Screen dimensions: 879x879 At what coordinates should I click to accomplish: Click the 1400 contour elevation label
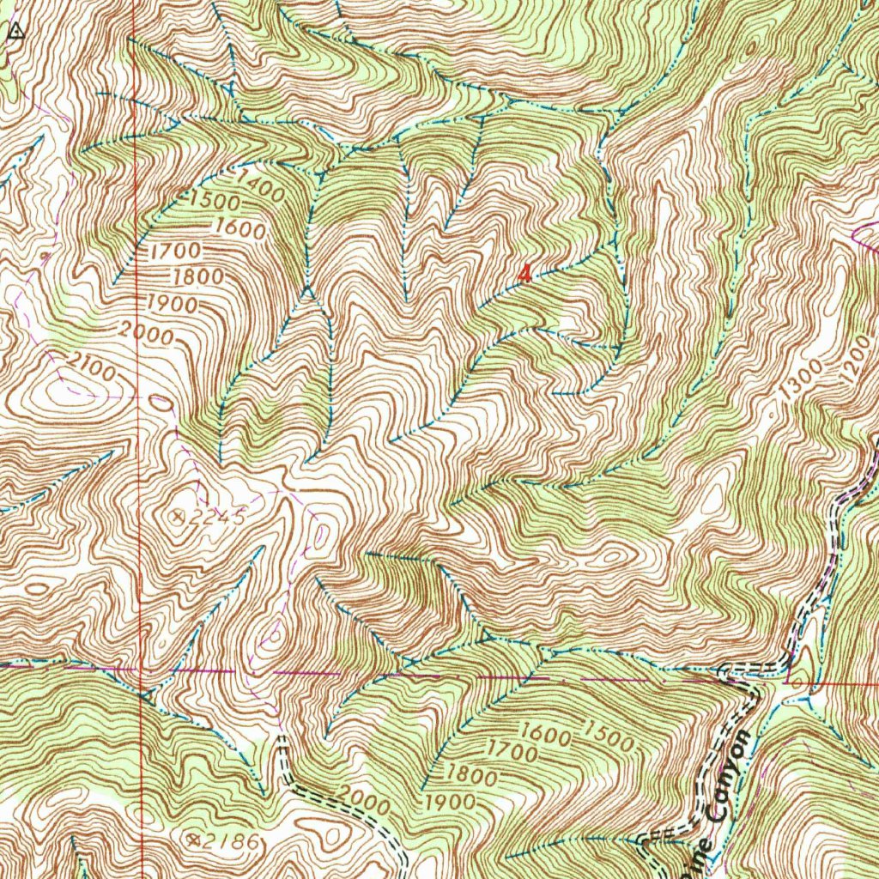(x=262, y=186)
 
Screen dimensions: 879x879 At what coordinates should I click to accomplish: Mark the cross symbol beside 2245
(x=178, y=515)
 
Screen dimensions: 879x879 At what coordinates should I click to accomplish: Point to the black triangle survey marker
(x=15, y=33)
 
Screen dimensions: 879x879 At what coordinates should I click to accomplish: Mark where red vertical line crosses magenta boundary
(x=142, y=668)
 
